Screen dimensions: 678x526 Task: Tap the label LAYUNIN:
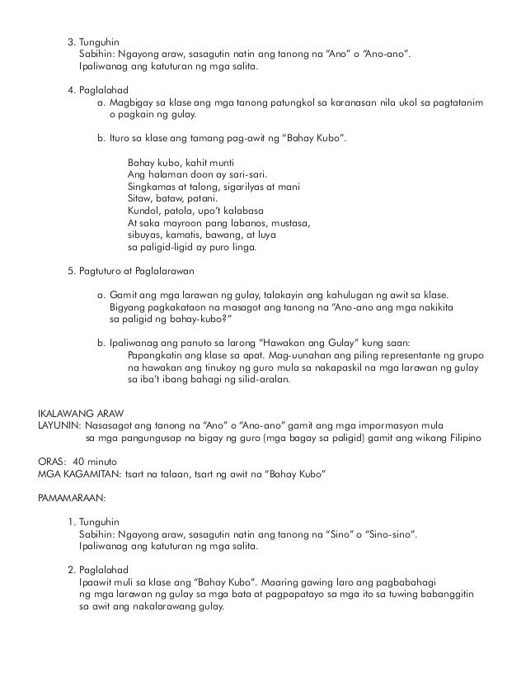coord(59,424)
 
